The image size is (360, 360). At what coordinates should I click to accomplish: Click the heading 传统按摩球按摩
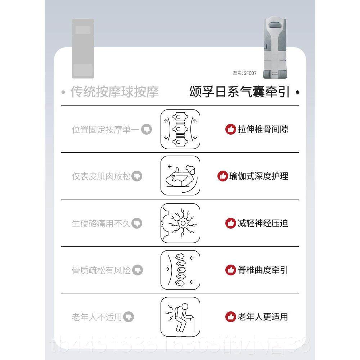point(114,92)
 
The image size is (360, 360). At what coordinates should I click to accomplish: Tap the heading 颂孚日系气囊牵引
point(239,92)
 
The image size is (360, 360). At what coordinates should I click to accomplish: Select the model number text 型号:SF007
point(245,73)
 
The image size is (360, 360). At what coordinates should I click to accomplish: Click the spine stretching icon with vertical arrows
point(180,129)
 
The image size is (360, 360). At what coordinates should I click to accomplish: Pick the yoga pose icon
point(180,176)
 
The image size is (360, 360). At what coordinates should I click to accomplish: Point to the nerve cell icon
point(180,223)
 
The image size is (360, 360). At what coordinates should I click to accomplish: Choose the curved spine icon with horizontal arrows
point(180,270)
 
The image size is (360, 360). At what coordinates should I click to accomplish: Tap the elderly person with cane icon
point(180,317)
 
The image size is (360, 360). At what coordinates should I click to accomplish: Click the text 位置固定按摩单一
point(105,130)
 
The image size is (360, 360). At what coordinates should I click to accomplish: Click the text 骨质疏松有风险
point(101,270)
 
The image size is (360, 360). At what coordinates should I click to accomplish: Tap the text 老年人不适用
point(97,317)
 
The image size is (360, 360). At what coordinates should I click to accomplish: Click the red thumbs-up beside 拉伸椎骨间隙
point(230,129)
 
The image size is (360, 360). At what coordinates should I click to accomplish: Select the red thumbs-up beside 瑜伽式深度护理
point(222,176)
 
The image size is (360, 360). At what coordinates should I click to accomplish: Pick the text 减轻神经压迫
point(263,223)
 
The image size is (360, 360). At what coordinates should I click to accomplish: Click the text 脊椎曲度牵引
point(263,270)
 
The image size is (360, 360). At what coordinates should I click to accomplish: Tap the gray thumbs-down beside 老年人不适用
point(129,317)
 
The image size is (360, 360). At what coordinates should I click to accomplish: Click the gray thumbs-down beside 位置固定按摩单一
point(146,129)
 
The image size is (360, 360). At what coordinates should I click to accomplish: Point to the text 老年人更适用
point(263,317)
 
